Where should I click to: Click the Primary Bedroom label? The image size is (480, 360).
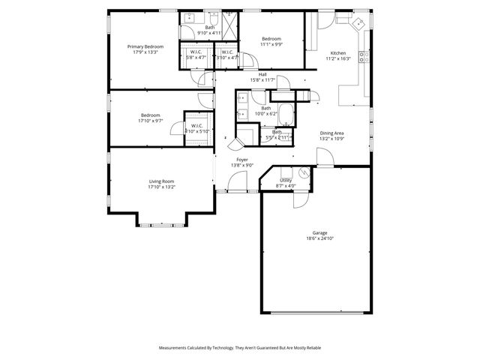point(144,46)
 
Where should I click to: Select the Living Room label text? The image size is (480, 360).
point(161,181)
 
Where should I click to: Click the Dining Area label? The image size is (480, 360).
point(331,133)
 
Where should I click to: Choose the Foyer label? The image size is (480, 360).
point(242,160)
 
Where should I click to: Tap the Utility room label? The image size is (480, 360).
point(286,180)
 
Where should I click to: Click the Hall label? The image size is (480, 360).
point(262,74)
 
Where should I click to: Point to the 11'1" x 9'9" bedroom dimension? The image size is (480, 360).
point(271,44)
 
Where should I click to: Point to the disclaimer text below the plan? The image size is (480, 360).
point(240,348)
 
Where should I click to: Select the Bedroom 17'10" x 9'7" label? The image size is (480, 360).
point(150,118)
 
